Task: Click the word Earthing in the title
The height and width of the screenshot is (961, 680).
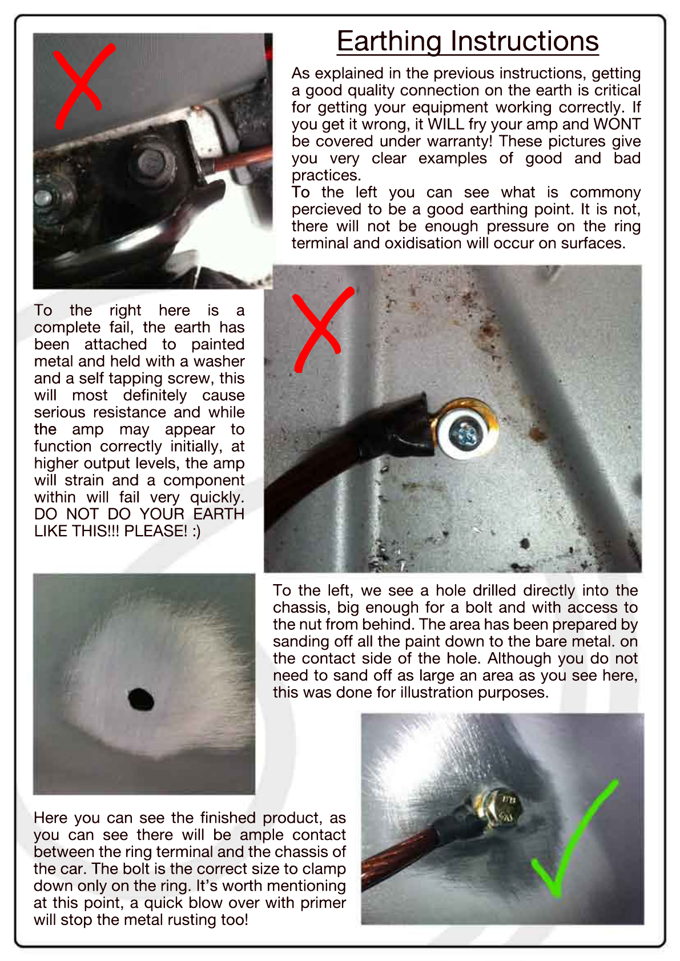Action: pyautogui.click(x=389, y=42)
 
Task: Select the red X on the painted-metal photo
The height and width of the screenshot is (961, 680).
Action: pyautogui.click(x=322, y=328)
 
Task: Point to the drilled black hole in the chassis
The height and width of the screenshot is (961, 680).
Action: pyautogui.click(x=141, y=699)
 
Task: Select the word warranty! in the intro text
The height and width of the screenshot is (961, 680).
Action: pyautogui.click(x=458, y=141)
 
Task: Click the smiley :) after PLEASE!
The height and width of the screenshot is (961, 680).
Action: pyautogui.click(x=196, y=532)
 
